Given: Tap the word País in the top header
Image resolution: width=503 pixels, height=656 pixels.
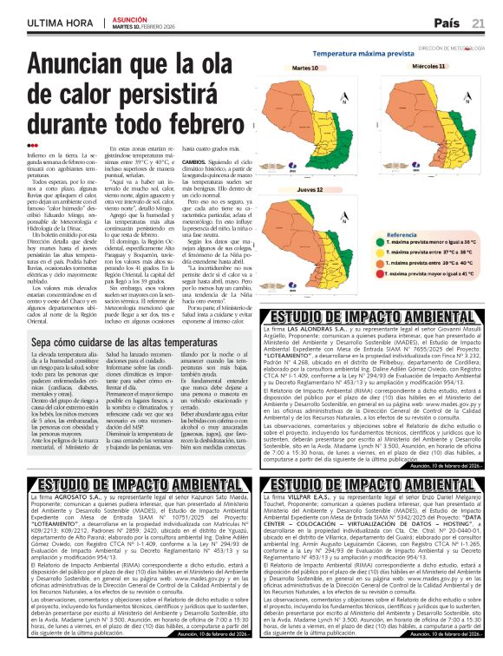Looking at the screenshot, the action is click(x=447, y=23).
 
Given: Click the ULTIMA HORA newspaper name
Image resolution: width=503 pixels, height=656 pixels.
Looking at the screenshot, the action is click(x=58, y=23).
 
